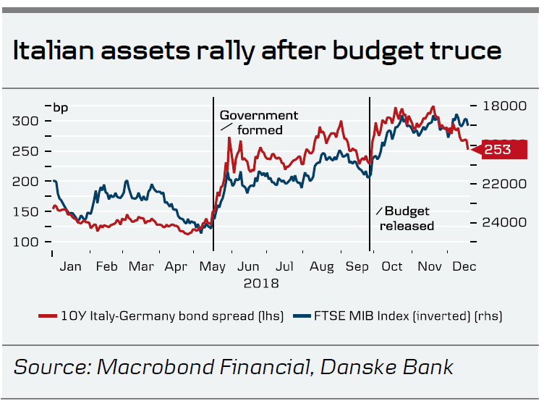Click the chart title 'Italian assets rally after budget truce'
pyautogui.click(x=257, y=51)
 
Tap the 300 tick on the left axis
pyautogui.click(x=25, y=121)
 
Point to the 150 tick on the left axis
pyautogui.click(x=25, y=211)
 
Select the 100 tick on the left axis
pyautogui.click(x=25, y=242)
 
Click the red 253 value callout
pyautogui.click(x=500, y=150)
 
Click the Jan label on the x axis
pyautogui.click(x=70, y=266)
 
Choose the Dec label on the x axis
pyautogui.click(x=464, y=266)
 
